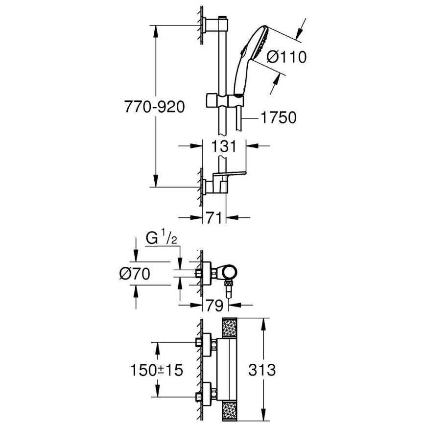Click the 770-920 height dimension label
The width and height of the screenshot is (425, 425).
click(154, 107)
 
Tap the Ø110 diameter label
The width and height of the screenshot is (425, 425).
click(286, 57)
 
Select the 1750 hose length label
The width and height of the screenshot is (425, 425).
click(279, 118)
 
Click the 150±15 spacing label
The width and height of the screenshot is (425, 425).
click(157, 370)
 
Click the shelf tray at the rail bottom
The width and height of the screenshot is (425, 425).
click(229, 175)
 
